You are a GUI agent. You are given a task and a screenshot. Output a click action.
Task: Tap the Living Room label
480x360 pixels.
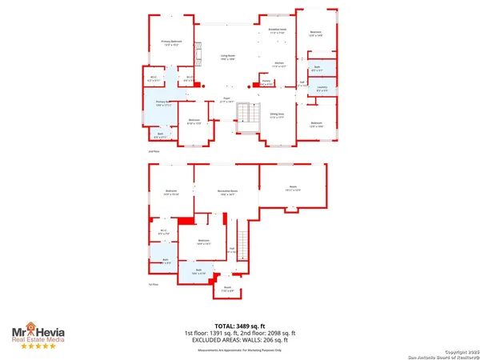tap(227, 56)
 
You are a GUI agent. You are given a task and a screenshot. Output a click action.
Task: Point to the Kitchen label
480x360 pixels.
tap(280, 65)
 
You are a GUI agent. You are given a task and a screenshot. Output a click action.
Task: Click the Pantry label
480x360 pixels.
tap(266, 82)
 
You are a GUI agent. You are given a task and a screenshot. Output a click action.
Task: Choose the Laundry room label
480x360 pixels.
tap(322, 88)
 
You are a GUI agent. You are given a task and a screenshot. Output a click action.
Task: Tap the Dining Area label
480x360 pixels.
tap(277, 116)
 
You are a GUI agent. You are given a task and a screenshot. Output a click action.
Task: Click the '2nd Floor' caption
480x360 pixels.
tap(154, 150)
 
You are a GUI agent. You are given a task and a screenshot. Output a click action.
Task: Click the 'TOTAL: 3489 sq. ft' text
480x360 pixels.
tap(239, 326)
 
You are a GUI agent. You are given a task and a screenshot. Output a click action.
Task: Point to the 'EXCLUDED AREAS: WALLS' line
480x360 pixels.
tap(239, 339)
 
